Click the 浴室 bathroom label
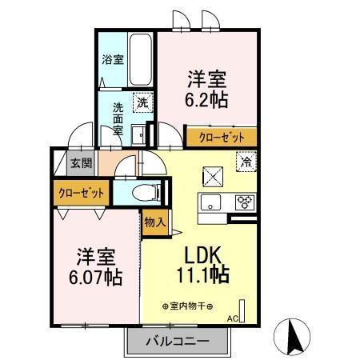112,59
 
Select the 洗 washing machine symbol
142,102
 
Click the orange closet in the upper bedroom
222,137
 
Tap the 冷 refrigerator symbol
246,159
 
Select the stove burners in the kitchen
244,202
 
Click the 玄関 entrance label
81,163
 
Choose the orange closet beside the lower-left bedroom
80,193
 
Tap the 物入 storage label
154,222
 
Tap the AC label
233,318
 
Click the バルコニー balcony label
178,342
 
